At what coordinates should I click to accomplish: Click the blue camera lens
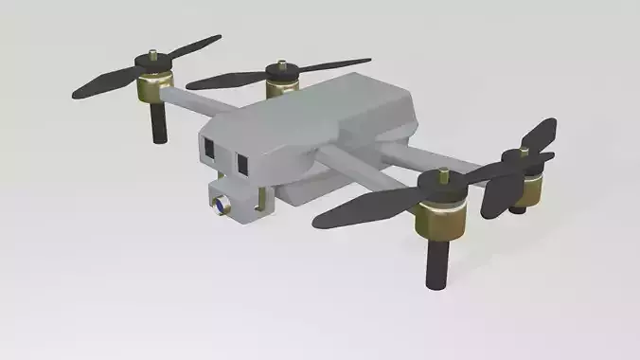tap(221, 204)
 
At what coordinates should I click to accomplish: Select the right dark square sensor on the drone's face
tap(241, 163)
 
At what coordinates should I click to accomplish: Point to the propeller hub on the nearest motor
tap(440, 177)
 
